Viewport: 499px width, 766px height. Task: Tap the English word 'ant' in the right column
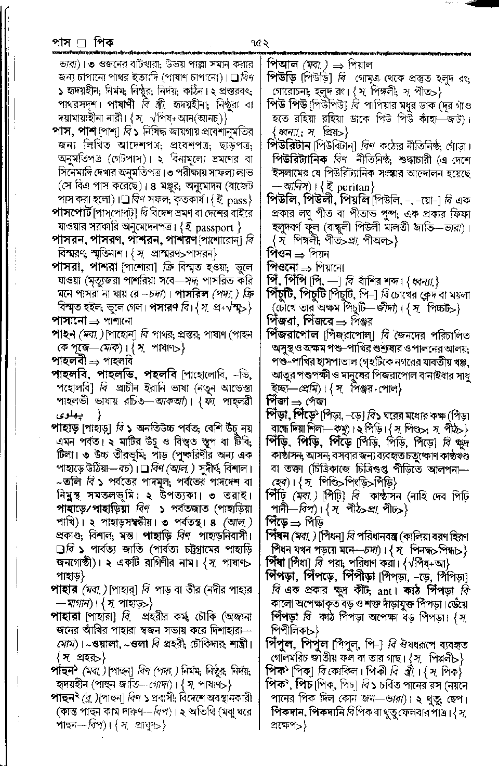(384, 591)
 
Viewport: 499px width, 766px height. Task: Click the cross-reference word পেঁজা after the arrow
(315, 401)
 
